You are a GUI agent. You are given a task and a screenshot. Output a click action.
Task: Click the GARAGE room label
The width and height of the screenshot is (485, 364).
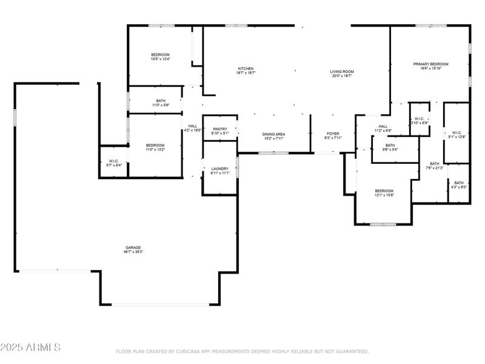133,247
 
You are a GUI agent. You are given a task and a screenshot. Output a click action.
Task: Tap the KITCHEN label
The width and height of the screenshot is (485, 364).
246,69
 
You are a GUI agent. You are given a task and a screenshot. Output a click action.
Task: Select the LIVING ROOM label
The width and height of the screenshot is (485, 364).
342,72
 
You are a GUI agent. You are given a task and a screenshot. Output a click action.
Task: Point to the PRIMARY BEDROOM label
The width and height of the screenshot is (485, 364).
430,64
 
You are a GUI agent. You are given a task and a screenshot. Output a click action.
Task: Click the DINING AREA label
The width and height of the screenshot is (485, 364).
273,134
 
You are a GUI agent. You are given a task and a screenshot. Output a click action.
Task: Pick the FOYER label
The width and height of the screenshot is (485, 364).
333,133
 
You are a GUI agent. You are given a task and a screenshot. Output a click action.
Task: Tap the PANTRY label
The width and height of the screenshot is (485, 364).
219,129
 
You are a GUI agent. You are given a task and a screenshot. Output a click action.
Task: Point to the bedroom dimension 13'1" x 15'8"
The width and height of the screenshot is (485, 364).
384,195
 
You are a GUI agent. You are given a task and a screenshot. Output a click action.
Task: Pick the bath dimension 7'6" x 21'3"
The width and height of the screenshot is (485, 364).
435,168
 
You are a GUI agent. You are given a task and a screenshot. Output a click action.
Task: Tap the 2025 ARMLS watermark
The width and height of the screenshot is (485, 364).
30,348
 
